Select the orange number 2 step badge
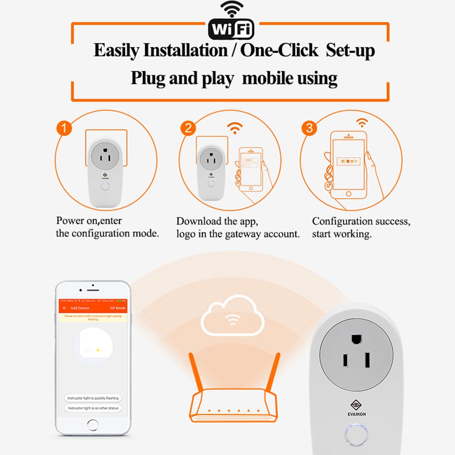tap(188, 129)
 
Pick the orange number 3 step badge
tap(310, 129)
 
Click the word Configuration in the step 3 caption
tap(342, 222)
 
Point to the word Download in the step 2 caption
tap(196, 222)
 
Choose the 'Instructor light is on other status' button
tap(93, 408)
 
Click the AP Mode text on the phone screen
tap(118, 308)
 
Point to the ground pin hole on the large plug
tap(357, 340)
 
